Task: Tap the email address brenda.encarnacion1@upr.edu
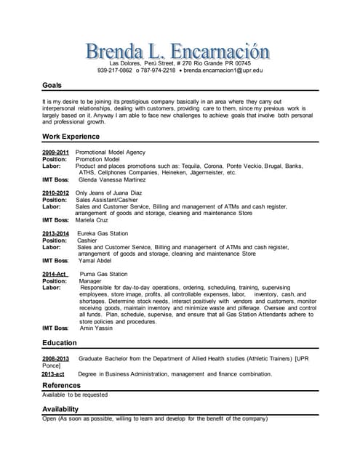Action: (x=223, y=70)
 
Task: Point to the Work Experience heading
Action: (x=71, y=136)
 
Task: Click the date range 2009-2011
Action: (x=55, y=153)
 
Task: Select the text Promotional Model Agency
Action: (x=111, y=153)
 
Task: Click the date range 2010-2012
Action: (x=55, y=193)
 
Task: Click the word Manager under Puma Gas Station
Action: (x=90, y=280)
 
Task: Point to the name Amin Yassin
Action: (x=97, y=328)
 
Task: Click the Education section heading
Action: (x=60, y=343)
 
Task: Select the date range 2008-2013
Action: (x=55, y=359)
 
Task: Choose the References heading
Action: (x=62, y=385)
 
